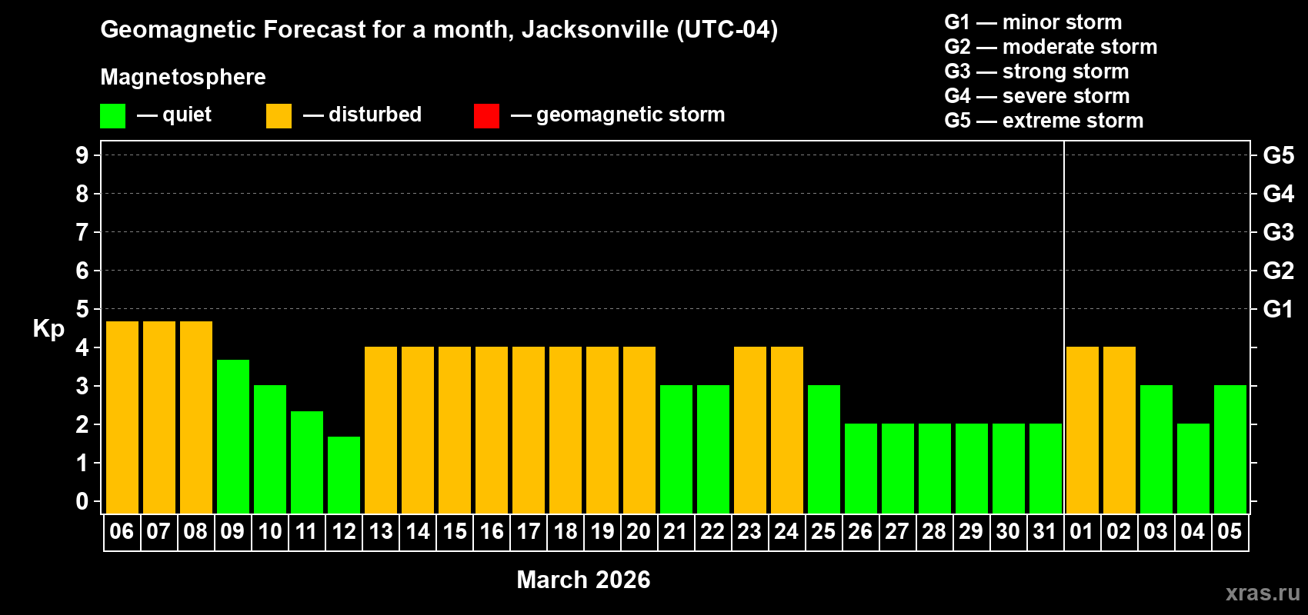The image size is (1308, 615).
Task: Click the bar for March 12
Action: click(x=344, y=474)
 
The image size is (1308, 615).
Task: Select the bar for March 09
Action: click(x=233, y=436)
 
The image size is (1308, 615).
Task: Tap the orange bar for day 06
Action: click(x=122, y=417)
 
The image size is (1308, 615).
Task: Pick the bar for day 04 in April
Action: click(x=1193, y=468)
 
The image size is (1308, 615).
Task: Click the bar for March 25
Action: click(x=824, y=449)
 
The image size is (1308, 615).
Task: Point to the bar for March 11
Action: click(x=307, y=462)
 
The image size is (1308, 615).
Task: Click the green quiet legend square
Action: click(x=113, y=116)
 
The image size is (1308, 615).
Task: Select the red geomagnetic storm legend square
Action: click(x=486, y=116)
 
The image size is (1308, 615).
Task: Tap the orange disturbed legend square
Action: click(x=279, y=116)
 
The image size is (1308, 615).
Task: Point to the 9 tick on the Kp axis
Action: click(x=82, y=155)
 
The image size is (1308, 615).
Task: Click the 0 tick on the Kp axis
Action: click(x=82, y=501)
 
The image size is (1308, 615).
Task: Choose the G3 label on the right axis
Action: click(x=1278, y=232)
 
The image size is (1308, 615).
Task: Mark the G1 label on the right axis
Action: click(x=1278, y=309)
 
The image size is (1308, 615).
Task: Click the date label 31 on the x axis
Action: click(x=1045, y=531)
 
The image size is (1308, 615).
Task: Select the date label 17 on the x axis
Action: click(x=529, y=531)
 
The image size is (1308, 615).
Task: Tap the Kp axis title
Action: click(x=48, y=328)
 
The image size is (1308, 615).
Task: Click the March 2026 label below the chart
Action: click(x=583, y=580)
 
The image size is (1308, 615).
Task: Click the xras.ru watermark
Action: click(x=1263, y=593)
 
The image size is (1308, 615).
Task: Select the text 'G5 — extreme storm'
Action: click(x=1043, y=121)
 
